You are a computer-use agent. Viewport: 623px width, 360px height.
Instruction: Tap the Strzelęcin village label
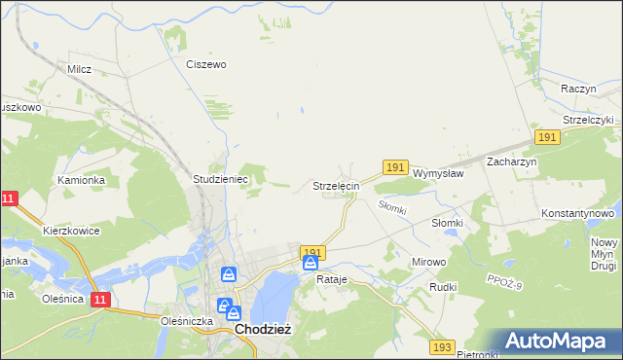click(x=337, y=185)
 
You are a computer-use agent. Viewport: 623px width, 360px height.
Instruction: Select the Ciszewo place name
click(x=206, y=64)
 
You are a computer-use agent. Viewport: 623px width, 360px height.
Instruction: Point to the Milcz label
click(x=79, y=70)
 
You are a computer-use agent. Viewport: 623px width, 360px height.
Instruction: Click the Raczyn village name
click(x=578, y=89)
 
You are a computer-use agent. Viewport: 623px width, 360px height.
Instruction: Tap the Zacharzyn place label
click(x=512, y=162)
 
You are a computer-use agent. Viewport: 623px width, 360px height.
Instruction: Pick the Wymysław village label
click(x=438, y=172)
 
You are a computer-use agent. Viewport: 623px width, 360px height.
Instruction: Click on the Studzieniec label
click(x=221, y=180)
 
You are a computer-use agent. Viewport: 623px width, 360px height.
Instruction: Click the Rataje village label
click(x=332, y=279)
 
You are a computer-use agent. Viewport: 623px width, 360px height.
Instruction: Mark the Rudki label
click(x=443, y=288)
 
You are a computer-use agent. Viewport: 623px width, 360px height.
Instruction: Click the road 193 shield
click(x=443, y=347)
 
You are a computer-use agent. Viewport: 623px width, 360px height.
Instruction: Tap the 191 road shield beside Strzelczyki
click(x=546, y=139)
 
